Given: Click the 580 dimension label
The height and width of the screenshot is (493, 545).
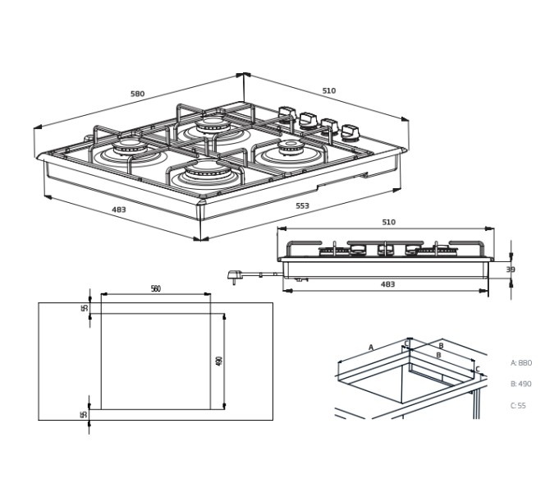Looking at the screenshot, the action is [137, 94].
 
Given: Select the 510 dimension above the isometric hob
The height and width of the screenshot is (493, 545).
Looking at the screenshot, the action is [329, 91].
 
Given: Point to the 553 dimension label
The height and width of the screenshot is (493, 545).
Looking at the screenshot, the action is [302, 205].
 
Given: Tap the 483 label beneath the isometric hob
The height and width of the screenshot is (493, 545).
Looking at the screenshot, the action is [118, 210].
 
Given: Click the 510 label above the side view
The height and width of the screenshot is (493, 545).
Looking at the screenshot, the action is [388, 222].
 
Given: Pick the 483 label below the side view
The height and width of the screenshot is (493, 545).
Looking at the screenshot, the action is [387, 284].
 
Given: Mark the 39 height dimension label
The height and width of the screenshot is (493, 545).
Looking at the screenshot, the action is [511, 270].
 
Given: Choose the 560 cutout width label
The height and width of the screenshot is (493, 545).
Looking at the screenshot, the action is [156, 288].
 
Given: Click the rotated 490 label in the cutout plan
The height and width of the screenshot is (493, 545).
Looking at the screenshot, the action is [219, 361].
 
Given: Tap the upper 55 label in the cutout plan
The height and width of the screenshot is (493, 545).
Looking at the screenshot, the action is [85, 308].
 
